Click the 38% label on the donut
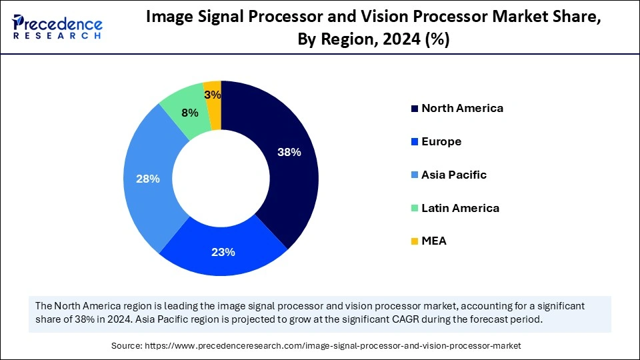(289, 152)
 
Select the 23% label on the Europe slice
(223, 252)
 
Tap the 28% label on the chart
(147, 179)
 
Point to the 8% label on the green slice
(190, 113)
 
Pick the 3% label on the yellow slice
(213, 95)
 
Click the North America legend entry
(462, 108)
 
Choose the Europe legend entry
(441, 141)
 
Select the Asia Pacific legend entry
(454, 175)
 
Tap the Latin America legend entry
(460, 208)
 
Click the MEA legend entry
(434, 241)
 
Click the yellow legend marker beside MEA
(415, 241)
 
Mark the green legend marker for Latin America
(415, 208)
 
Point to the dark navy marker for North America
(415, 108)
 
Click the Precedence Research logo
(57, 27)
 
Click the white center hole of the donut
(221, 178)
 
